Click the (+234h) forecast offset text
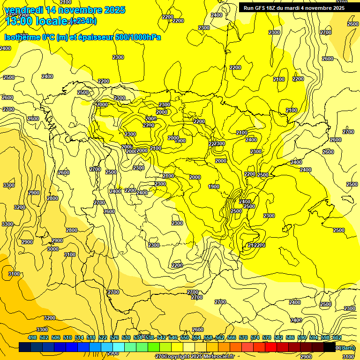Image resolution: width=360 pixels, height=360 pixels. pos(84,21)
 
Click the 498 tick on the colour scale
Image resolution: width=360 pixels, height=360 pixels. pos(32,337)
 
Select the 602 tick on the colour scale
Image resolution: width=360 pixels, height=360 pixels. pos(337,337)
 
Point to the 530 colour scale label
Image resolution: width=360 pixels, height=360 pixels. pos(126,337)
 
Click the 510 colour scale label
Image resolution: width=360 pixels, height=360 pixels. pos(67,337)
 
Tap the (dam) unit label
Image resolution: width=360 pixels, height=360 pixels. pos(347,347)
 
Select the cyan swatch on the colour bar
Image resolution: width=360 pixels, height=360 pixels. pos(119,347)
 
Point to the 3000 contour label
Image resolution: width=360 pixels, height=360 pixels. pos(53,249)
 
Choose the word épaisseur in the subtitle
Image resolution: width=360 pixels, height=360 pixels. pos(92,37)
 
